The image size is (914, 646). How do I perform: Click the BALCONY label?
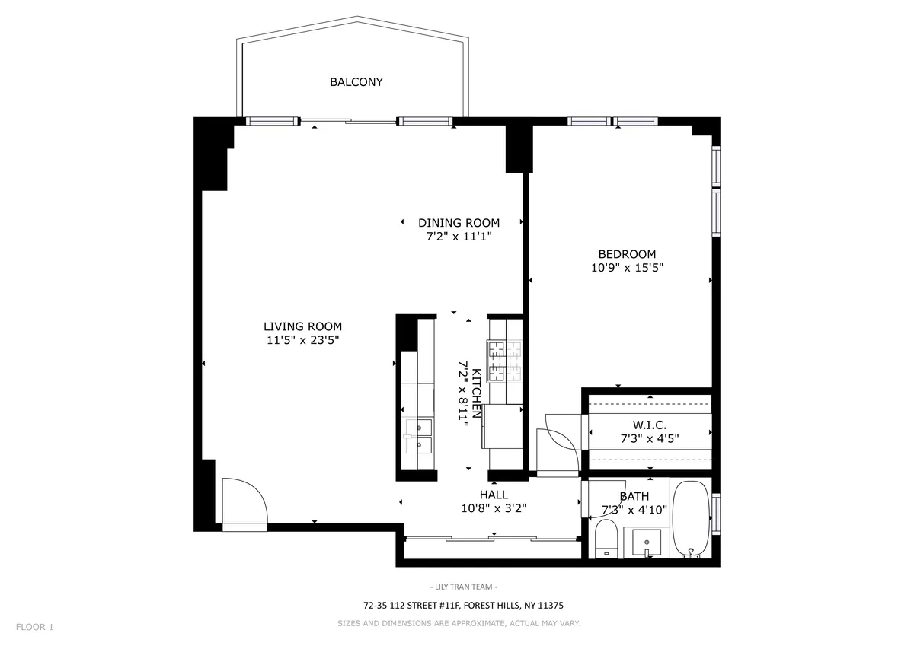pos(356,82)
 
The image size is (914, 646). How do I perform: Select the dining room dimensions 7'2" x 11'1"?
pos(459,237)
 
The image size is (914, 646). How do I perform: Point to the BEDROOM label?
pos(627,254)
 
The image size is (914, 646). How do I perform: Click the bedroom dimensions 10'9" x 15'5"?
pos(627,268)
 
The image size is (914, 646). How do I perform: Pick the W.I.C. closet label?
pos(650,425)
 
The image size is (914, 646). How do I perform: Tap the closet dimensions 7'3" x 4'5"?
pos(650,438)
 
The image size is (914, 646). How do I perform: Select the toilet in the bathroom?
pos(607,539)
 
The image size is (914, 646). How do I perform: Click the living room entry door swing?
pos(244,502)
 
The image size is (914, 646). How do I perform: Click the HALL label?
pos(494,495)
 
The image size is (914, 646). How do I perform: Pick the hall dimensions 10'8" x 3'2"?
pos(494,508)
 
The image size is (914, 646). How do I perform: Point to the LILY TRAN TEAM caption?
pos(463,587)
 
